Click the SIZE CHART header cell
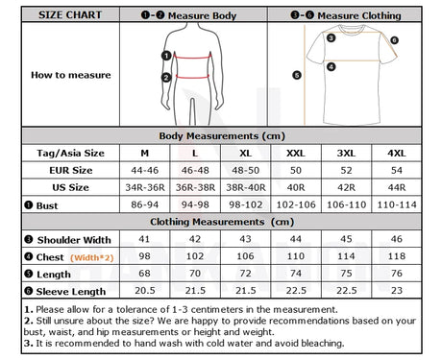coord(70,14)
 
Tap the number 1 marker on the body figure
coord(166,56)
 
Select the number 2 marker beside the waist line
coord(166,78)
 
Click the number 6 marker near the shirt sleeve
coord(394,40)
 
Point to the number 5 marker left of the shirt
coord(297,75)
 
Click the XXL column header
coord(296,154)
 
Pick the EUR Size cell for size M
coord(145,170)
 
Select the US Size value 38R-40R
coord(246,187)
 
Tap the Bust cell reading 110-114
coord(397,204)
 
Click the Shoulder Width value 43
coord(246,239)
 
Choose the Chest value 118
coord(397,256)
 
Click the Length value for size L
coord(195,274)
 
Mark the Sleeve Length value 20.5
coord(145,291)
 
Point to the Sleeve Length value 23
coord(397,291)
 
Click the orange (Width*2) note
coord(92,257)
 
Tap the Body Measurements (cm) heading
coord(222,136)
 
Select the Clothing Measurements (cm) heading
coord(222,222)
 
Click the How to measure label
coord(71,75)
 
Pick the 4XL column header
coord(397,154)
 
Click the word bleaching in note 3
coord(323,344)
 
